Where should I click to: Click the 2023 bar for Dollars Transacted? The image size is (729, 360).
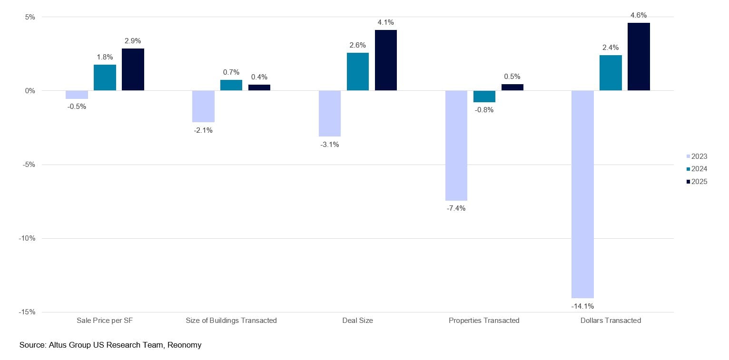(582, 194)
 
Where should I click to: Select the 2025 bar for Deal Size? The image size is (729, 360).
(385, 60)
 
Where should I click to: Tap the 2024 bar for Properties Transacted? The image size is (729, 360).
(484, 97)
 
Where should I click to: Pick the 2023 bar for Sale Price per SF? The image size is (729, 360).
(77, 95)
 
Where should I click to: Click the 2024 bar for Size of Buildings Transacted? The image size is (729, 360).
(231, 85)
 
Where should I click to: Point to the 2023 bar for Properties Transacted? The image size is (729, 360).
(456, 146)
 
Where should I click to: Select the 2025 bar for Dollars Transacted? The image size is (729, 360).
(639, 57)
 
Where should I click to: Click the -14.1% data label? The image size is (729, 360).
(582, 306)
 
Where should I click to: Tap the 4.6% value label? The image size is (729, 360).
(639, 15)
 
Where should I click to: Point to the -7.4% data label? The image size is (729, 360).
(456, 208)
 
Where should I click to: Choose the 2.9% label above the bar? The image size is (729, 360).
(133, 41)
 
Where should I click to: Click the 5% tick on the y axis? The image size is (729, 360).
(30, 17)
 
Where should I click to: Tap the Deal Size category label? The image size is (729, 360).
(357, 321)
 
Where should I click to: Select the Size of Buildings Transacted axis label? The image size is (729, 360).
(231, 321)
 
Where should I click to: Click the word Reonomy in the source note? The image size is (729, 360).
(185, 345)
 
